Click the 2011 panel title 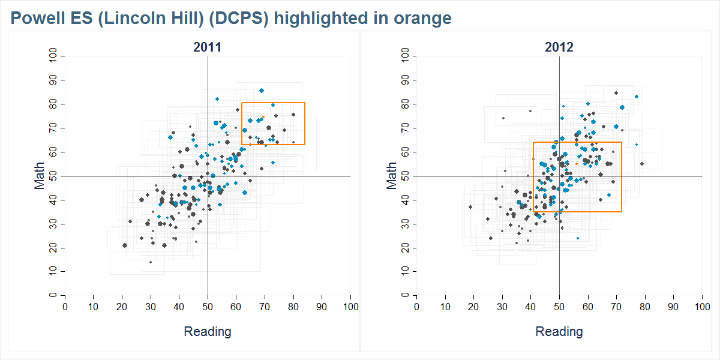coord(207,47)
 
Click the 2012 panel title coord(559,47)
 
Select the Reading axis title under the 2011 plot coord(207,331)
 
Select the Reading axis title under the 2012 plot coord(559,331)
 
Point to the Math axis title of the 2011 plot coord(40,176)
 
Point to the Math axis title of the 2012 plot coord(392,176)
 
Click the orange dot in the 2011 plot coord(263,117)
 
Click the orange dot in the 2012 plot coord(577,163)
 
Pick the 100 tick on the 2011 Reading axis coord(350,307)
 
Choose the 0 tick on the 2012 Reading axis coord(416,307)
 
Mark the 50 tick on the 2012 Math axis coord(406,176)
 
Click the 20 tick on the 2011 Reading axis coord(122,307)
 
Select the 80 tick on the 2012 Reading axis coord(645,307)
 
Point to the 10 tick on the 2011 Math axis coord(54,272)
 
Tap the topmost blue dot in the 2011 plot coord(262,91)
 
